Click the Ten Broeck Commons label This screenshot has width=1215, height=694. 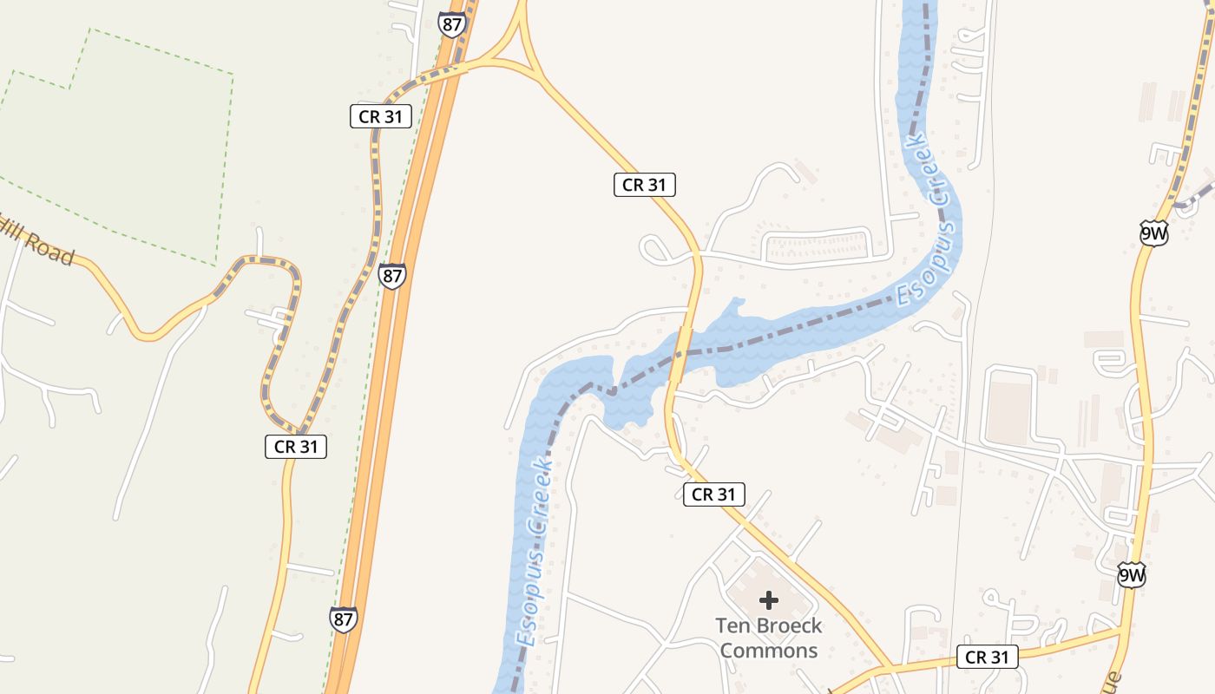[x=768, y=638]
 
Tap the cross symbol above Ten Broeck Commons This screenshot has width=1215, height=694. [x=768, y=599]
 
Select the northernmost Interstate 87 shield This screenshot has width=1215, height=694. [x=451, y=24]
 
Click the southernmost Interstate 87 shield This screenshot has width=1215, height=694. [x=343, y=619]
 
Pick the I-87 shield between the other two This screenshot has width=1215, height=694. [x=392, y=277]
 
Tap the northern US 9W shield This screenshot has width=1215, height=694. [x=1154, y=232]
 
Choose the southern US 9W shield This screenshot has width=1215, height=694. [x=1131, y=575]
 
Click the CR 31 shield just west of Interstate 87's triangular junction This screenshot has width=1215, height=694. [x=380, y=116]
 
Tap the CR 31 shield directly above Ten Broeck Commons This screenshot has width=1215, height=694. [x=713, y=494]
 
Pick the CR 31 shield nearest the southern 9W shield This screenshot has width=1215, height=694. [x=987, y=657]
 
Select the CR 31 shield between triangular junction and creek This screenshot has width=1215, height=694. [x=644, y=184]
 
